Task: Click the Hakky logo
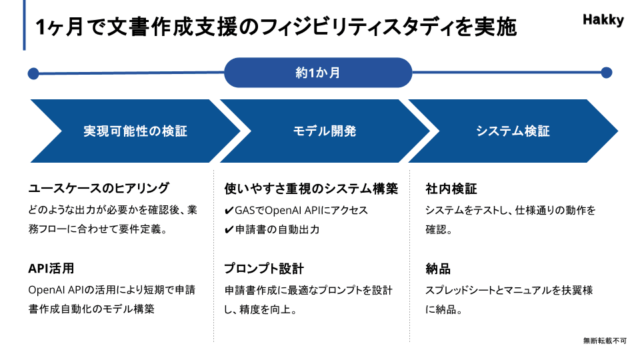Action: pyautogui.click(x=603, y=19)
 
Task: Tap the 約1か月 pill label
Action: pyautogui.click(x=318, y=73)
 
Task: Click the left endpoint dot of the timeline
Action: pyautogui.click(x=33, y=74)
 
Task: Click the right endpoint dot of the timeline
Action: pyautogui.click(x=607, y=73)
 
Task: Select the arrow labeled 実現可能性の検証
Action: pyautogui.click(x=135, y=131)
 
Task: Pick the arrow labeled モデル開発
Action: pyautogui.click(x=325, y=131)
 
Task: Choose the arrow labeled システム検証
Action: pyautogui.click(x=513, y=131)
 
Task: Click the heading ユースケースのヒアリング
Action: pyautogui.click(x=99, y=188)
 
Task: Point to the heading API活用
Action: pyautogui.click(x=51, y=268)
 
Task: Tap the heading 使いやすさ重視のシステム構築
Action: pyautogui.click(x=311, y=189)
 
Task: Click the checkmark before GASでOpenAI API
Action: pyautogui.click(x=229, y=211)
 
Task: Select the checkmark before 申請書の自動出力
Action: pyautogui.click(x=229, y=230)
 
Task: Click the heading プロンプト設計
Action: pyautogui.click(x=264, y=269)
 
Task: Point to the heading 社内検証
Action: pyautogui.click(x=451, y=189)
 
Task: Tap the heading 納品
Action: pyautogui.click(x=438, y=269)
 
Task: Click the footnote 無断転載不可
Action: pyautogui.click(x=605, y=341)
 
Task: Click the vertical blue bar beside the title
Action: pyautogui.click(x=25, y=25)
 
